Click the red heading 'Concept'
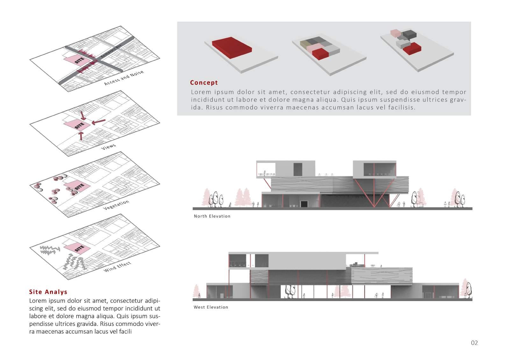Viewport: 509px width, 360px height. pos(204,83)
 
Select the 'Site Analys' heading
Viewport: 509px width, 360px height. pos(48,292)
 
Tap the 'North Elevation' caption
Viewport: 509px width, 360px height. pos(212,216)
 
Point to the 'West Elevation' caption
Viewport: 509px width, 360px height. pos(211,307)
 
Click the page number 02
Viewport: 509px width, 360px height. pos(474,343)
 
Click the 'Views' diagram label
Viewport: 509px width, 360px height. pos(108,147)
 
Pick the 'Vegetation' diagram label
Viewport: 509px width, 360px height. pos(116,205)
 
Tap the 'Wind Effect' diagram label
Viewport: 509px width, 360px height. pos(117,267)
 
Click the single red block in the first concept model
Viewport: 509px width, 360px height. pos(232,47)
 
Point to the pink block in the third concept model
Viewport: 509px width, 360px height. pos(395,33)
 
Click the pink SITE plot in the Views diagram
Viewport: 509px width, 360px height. pos(76,125)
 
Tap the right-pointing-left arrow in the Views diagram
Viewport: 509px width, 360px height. pos(98,122)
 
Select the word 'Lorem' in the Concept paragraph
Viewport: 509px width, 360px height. pos(201,92)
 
